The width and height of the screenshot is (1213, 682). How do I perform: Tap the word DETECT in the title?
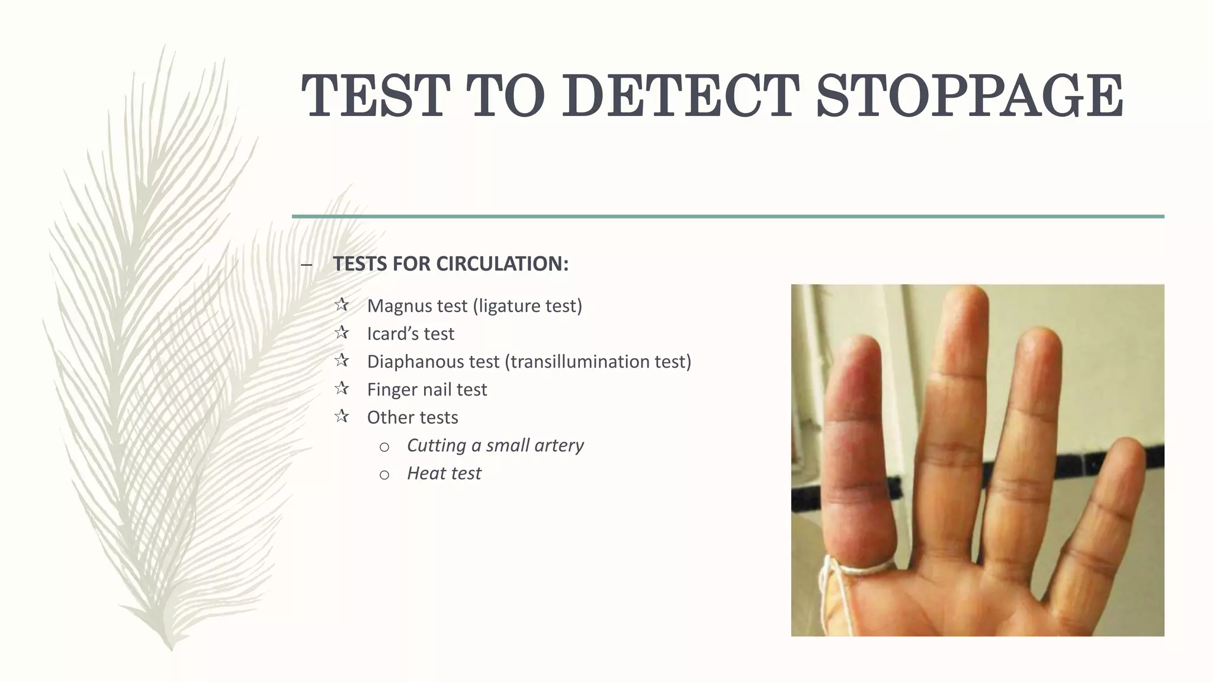(680, 96)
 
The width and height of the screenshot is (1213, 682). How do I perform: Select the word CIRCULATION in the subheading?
(502, 263)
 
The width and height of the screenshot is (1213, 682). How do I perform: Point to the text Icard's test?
(410, 333)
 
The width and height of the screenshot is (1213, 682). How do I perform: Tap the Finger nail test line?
(426, 390)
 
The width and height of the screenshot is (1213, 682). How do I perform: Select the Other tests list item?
(412, 417)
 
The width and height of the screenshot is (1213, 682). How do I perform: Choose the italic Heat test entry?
(444, 473)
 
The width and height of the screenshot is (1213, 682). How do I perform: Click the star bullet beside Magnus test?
(341, 305)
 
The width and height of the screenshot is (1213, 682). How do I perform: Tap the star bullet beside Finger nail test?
(341, 388)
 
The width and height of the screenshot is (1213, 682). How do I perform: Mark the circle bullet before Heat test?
(384, 474)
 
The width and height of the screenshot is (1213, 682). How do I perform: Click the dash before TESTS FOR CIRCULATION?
(306, 265)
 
